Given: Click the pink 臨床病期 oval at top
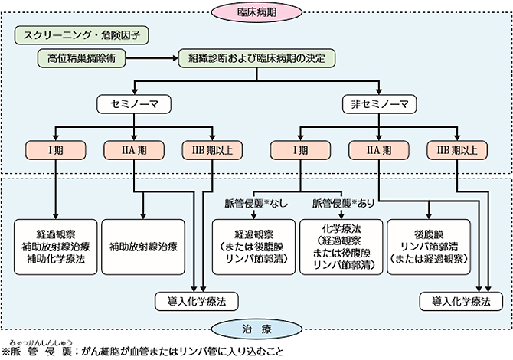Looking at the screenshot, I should [256, 11].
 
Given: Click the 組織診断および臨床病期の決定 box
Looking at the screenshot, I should [255, 57].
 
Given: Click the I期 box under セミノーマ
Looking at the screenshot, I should [56, 149].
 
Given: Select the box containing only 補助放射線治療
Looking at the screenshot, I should [143, 247].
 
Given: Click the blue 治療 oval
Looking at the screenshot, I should [256, 330].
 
